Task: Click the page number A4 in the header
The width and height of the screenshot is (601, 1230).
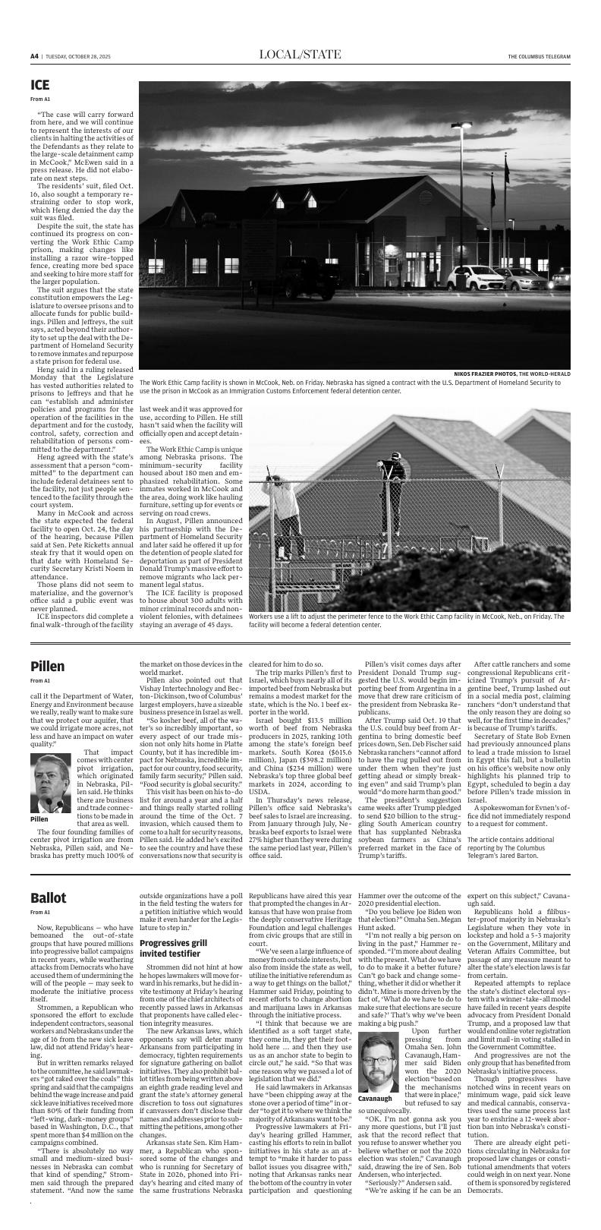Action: [34, 56]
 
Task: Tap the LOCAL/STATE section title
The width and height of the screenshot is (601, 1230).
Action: [300, 55]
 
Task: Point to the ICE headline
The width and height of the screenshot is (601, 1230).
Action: [40, 85]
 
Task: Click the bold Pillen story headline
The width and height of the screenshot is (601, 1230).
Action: [47, 666]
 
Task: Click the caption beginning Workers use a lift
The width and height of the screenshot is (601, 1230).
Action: [406, 620]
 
